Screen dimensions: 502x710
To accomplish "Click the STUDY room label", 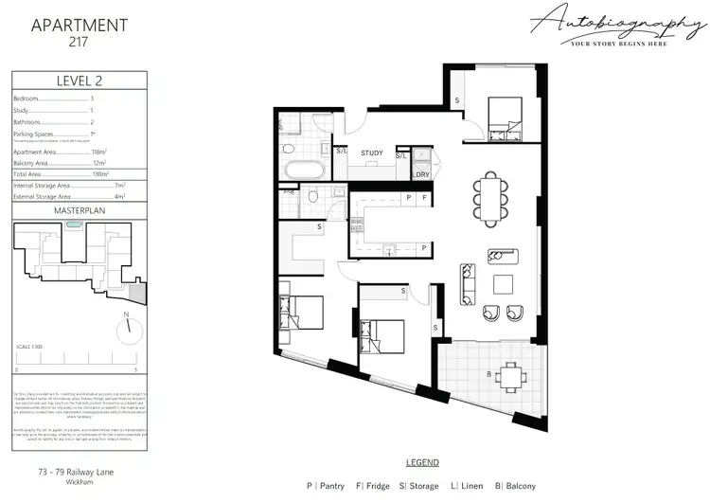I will point(372,152).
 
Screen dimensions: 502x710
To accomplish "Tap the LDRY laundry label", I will point(421,173).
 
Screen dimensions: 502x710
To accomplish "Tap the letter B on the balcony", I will point(488,375).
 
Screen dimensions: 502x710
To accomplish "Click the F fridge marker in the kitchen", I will point(425,199).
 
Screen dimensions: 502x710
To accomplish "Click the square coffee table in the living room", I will point(503,283).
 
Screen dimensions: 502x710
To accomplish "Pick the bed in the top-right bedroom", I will point(499,121).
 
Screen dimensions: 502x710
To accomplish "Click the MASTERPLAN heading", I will point(77,209).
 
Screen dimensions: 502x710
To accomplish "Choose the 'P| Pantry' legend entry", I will point(327,486).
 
